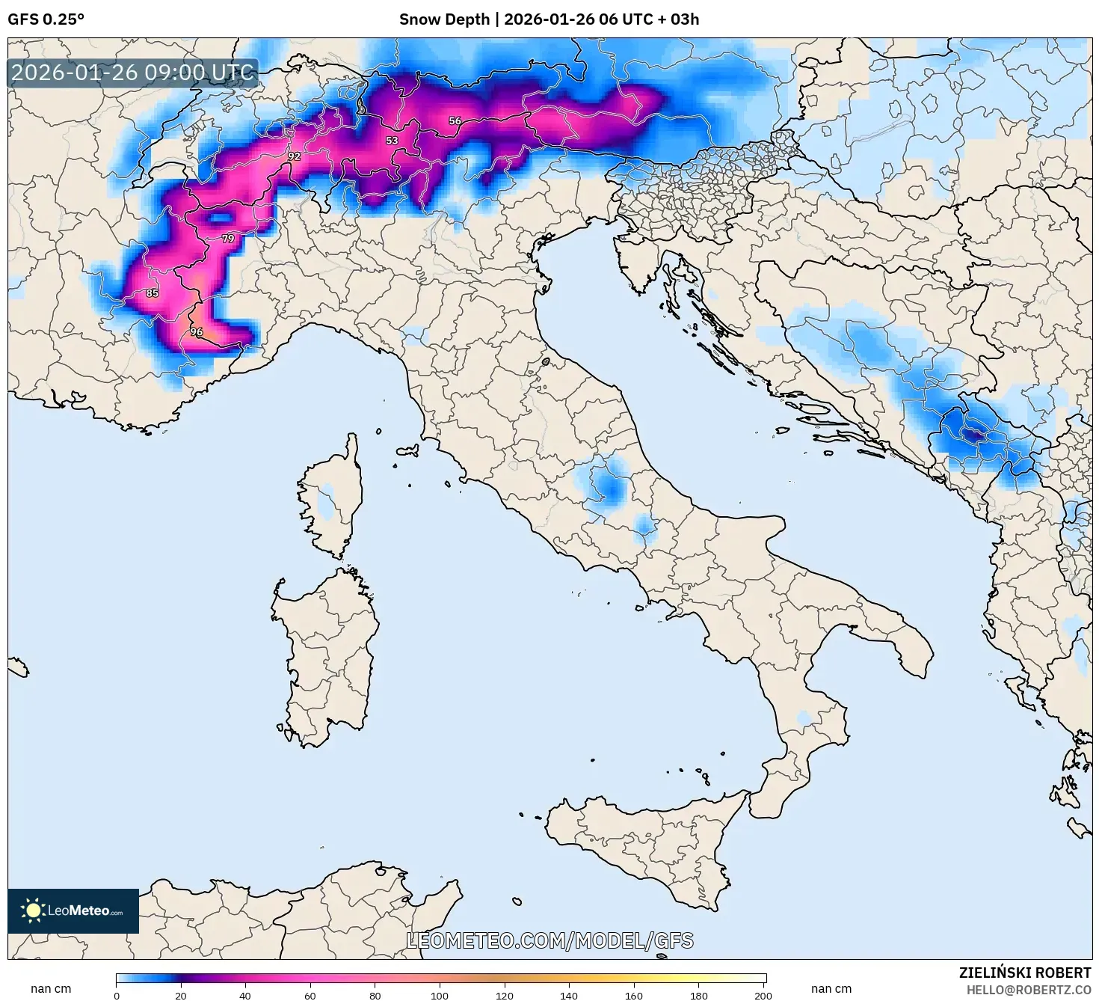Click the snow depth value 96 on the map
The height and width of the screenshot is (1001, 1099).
[196, 331]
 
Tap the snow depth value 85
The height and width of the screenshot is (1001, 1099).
[153, 293]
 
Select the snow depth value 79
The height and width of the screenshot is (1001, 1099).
[228, 239]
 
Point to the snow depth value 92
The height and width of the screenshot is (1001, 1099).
[294, 156]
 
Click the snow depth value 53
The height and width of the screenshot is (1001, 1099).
[392, 141]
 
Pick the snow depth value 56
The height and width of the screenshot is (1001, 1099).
[455, 120]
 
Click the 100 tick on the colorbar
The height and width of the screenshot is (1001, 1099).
[440, 995]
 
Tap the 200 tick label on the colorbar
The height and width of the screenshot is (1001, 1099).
[763, 995]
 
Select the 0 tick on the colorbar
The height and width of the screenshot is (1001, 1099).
[117, 995]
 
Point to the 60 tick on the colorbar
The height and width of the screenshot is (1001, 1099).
[310, 995]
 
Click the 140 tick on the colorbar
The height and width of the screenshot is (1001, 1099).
[569, 995]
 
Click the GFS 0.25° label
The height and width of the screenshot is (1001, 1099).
[46, 19]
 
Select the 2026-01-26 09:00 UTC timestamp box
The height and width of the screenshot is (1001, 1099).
[133, 73]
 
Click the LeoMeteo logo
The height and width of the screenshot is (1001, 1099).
[73, 910]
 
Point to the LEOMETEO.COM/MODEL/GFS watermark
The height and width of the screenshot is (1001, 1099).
[549, 940]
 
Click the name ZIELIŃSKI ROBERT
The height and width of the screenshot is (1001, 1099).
[1024, 973]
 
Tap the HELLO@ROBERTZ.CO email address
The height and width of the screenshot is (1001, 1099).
[1028, 990]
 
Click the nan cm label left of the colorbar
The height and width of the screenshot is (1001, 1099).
[51, 988]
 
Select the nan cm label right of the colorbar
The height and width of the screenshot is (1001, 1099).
[831, 988]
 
